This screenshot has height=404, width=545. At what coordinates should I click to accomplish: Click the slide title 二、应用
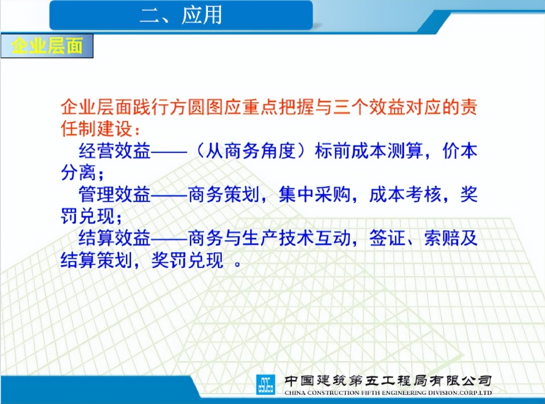[x=181, y=16]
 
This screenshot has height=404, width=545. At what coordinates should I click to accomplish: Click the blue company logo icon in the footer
[x=266, y=384]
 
